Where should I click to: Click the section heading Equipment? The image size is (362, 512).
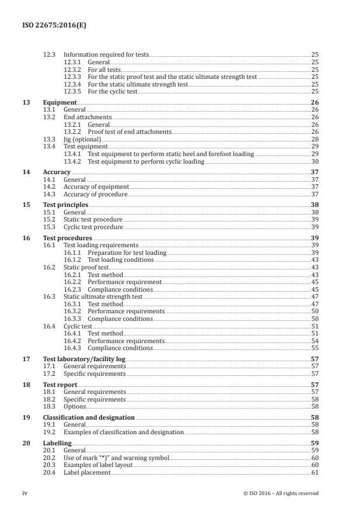60,102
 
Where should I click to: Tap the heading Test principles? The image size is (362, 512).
66,205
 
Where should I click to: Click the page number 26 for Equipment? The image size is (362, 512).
315,102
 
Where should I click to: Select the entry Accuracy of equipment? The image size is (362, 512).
96,186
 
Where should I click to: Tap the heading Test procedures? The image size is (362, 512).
68,238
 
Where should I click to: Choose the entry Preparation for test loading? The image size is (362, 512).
127,252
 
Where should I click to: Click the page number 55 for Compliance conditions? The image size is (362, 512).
315,348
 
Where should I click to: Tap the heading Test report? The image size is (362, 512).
60,385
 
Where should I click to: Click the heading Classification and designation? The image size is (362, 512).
89,417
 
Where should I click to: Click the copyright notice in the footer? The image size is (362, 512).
281,493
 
